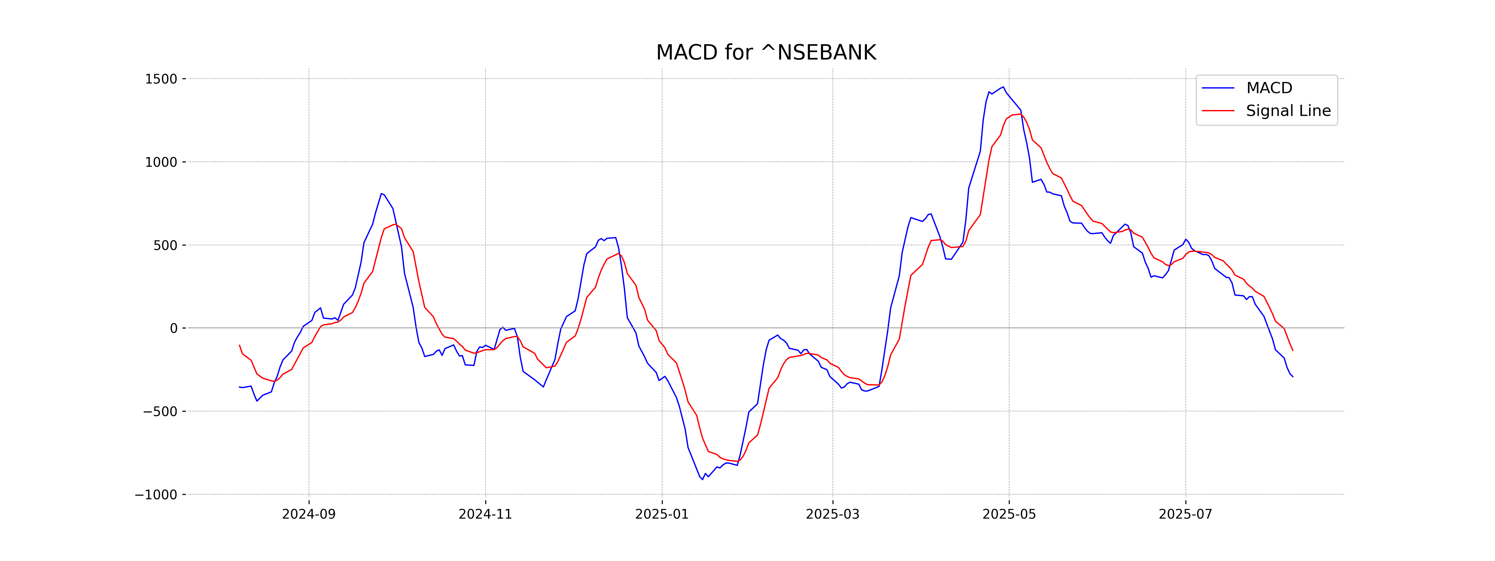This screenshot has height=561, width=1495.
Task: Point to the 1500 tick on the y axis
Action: point(161,79)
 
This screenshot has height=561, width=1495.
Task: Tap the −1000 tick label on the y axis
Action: point(155,495)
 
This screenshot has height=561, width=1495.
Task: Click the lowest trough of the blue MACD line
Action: point(702,480)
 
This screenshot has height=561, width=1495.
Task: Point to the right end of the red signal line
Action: point(1293,351)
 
